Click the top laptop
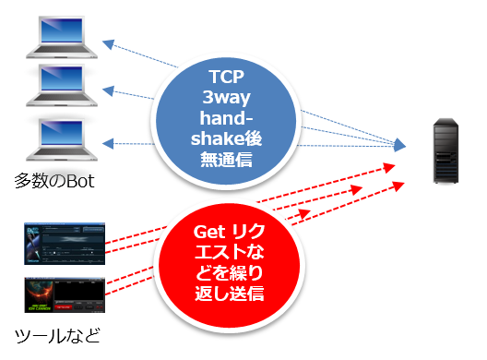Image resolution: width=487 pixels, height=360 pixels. coord(62,37)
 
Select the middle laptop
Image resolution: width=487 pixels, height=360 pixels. coord(62,85)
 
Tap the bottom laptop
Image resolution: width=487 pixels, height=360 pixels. coord(62,139)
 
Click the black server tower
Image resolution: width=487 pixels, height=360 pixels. coord(445,150)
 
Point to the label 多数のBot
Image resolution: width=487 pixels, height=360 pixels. coord(54,181)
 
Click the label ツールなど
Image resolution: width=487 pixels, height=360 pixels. coord(57,336)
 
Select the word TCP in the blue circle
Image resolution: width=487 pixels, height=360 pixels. coord(226,77)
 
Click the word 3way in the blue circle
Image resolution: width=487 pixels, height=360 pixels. coord(226,97)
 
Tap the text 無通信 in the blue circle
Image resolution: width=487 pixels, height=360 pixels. coord(226,159)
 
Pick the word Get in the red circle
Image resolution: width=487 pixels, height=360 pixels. coord(209,232)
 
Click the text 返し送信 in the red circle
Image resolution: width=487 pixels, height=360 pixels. coord(230,294)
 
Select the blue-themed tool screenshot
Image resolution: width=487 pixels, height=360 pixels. coord(65,244)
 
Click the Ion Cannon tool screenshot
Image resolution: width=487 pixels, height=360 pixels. coord(65,294)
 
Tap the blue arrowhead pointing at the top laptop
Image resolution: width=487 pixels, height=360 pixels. coord(109,44)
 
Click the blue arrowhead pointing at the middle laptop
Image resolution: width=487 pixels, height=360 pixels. coord(109,90)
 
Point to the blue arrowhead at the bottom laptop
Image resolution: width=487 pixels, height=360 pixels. coord(108,144)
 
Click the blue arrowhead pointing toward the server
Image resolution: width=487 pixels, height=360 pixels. coord(399,145)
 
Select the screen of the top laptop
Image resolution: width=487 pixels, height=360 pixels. coord(62,30)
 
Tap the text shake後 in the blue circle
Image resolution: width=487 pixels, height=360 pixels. coord(226,138)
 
